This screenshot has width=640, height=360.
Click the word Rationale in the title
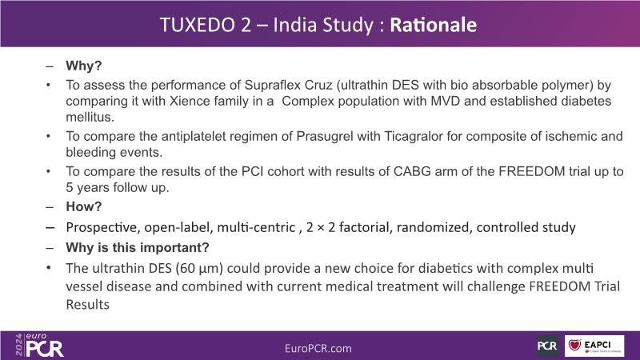pyautogui.click(x=434, y=25)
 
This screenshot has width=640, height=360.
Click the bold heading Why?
pyautogui.click(x=84, y=66)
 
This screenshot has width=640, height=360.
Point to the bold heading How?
pyautogui.click(x=84, y=206)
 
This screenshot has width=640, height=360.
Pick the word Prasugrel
pyautogui.click(x=325, y=136)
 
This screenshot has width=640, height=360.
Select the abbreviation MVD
pyautogui.click(x=446, y=101)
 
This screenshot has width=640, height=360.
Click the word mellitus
pyautogui.click(x=90, y=117)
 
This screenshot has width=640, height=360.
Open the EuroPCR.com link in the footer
pyautogui.click(x=318, y=348)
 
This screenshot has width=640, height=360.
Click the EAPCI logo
pyautogui.click(x=594, y=346)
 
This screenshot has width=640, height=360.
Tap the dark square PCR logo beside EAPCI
pyautogui.click(x=547, y=346)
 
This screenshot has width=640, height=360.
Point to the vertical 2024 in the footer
pyautogui.click(x=19, y=345)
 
